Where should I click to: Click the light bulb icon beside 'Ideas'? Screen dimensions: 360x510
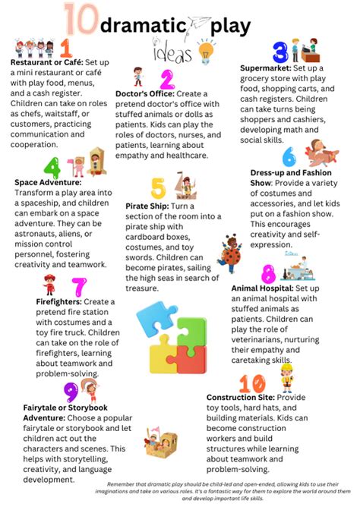click(206, 52)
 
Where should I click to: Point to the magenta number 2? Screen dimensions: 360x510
click(168, 79)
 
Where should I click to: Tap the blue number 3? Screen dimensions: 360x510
click(280, 52)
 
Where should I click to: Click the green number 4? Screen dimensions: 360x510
click(52, 168)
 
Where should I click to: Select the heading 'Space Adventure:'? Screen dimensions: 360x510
click(48, 182)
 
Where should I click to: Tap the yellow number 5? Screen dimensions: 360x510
click(158, 187)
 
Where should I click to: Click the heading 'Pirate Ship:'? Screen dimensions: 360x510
click(150, 206)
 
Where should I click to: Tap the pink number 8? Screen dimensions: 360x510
click(268, 274)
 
